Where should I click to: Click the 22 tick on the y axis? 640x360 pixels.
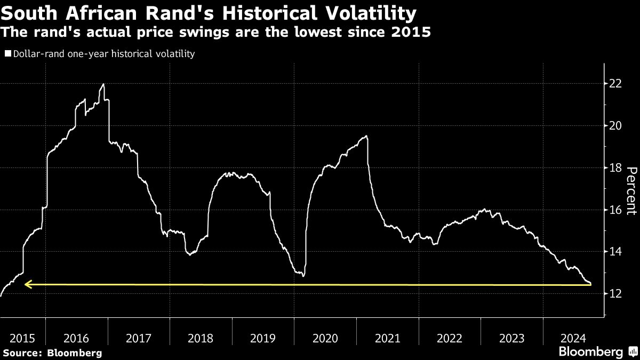coord(615,84)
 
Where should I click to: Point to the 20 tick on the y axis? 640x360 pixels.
coord(615,126)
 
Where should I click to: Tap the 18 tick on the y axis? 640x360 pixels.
coord(615,168)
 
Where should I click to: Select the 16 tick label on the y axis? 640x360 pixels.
coord(615,210)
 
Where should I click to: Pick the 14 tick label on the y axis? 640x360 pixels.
coord(615,252)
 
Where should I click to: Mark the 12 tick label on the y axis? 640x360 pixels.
coord(615,294)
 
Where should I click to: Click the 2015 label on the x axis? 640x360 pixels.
coord(22,338)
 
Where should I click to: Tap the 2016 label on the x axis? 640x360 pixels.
coord(76,338)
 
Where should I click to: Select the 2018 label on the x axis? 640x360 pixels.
coord(201,338)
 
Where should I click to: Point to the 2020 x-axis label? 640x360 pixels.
coord(325,338)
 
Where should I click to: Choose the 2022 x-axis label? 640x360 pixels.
coord(449,338)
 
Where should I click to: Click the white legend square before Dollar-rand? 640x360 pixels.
coord(7,54)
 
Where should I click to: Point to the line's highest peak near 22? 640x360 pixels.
coord(103,84)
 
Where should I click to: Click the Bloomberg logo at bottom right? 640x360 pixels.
coord(590,351)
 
